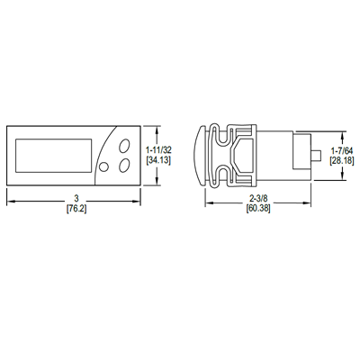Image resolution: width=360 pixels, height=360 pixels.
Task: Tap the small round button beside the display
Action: coord(103,166)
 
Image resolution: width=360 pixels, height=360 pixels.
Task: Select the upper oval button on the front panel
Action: coord(124,146)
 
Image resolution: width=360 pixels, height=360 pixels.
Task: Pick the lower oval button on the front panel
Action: coord(124,166)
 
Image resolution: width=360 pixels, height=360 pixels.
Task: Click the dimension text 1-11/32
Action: coord(158,149)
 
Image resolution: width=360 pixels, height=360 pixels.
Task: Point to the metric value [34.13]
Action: coord(158,160)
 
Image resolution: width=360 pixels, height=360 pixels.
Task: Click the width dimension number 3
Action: coord(76,198)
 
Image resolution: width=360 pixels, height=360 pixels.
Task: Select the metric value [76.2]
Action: coord(76,209)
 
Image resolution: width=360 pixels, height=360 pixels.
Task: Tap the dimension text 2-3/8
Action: coord(258,198)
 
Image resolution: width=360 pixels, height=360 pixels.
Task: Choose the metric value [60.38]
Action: coord(258,209)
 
